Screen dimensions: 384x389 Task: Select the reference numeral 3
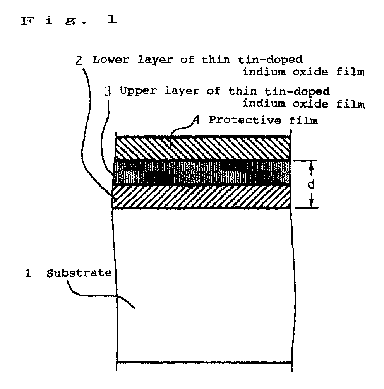109,92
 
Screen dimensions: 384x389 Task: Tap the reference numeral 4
196,120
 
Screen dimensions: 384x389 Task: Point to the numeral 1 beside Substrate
27,274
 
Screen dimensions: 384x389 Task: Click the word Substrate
79,273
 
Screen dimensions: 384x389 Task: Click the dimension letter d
311,185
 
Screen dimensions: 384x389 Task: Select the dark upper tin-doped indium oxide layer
201,173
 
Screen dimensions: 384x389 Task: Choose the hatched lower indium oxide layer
201,197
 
